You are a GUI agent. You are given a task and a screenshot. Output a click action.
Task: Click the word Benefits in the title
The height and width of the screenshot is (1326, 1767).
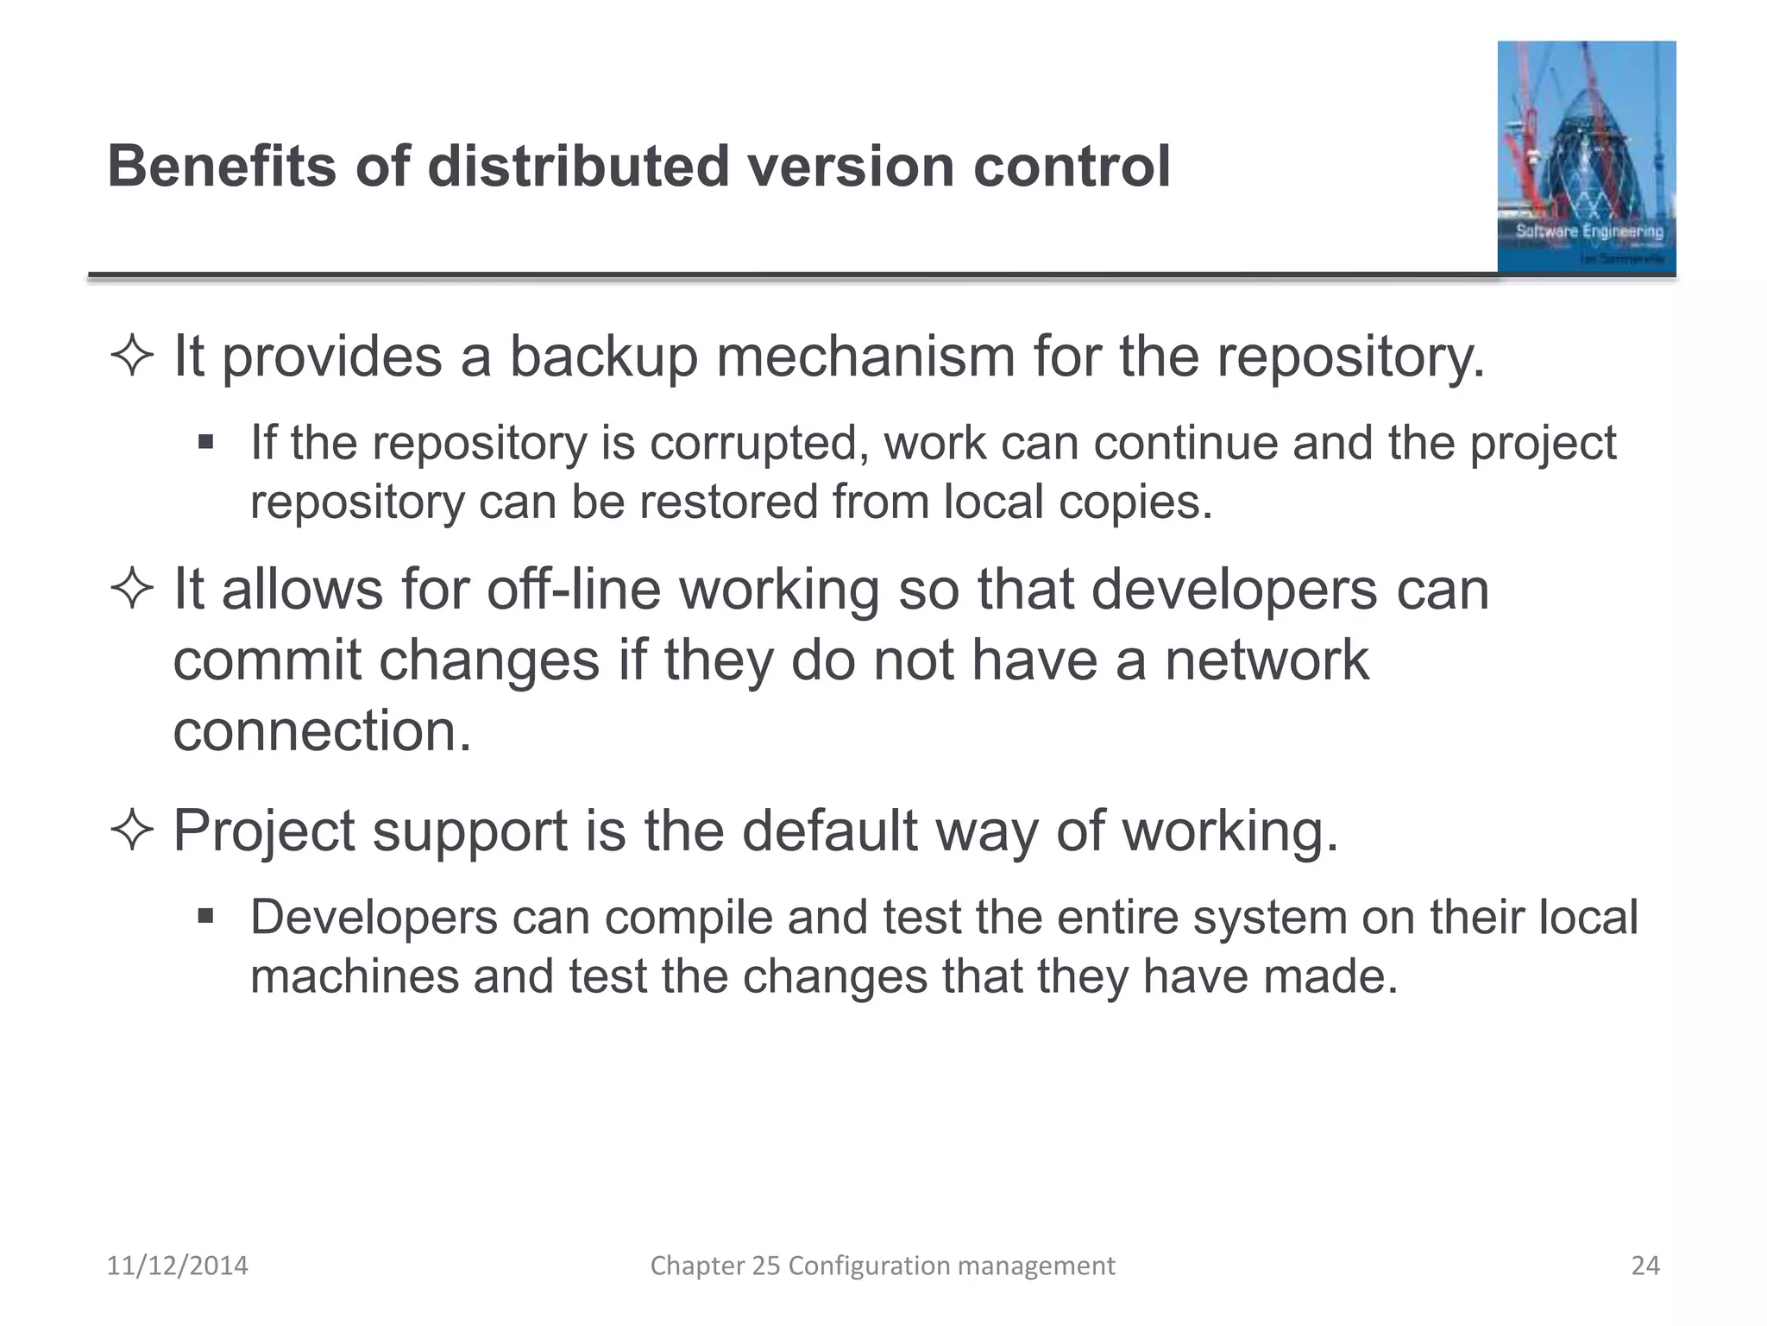tap(221, 166)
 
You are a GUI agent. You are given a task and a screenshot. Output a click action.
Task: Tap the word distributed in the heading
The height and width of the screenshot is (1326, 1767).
tap(578, 166)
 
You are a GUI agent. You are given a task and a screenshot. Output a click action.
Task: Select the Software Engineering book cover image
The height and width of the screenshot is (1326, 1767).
tap(1586, 157)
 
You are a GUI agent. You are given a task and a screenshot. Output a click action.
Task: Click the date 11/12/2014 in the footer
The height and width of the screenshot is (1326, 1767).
tap(177, 1266)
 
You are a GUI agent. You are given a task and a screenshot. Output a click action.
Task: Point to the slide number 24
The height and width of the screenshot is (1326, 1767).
tap(1645, 1266)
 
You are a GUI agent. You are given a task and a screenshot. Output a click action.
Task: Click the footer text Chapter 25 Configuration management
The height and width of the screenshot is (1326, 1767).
tap(882, 1266)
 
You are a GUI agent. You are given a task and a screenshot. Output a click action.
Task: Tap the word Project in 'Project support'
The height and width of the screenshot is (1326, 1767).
tap(264, 830)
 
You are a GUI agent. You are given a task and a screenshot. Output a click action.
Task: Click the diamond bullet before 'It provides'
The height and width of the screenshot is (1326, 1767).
tap(132, 357)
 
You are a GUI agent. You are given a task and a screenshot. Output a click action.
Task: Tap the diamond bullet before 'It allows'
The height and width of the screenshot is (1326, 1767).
tap(132, 591)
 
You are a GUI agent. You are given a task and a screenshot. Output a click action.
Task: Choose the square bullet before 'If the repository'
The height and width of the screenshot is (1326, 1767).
tap(205, 443)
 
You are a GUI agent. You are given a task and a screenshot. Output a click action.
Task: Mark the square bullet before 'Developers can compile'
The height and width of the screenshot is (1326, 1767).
tap(205, 916)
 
